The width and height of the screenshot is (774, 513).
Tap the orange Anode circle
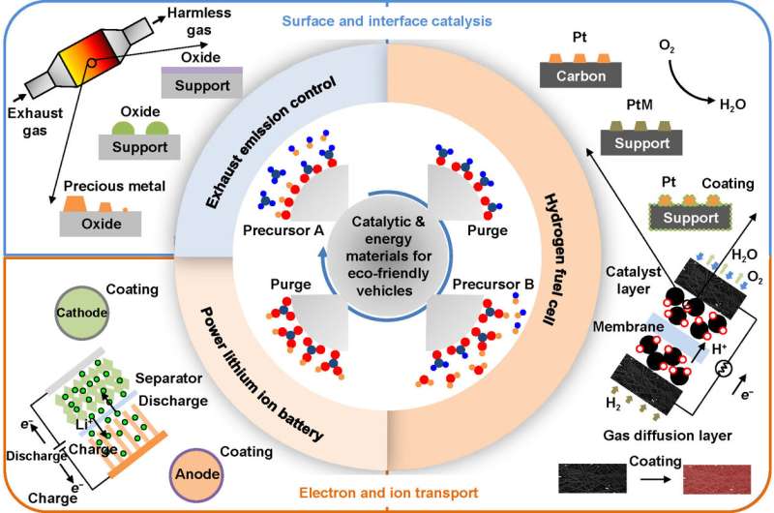tap(197, 472)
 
